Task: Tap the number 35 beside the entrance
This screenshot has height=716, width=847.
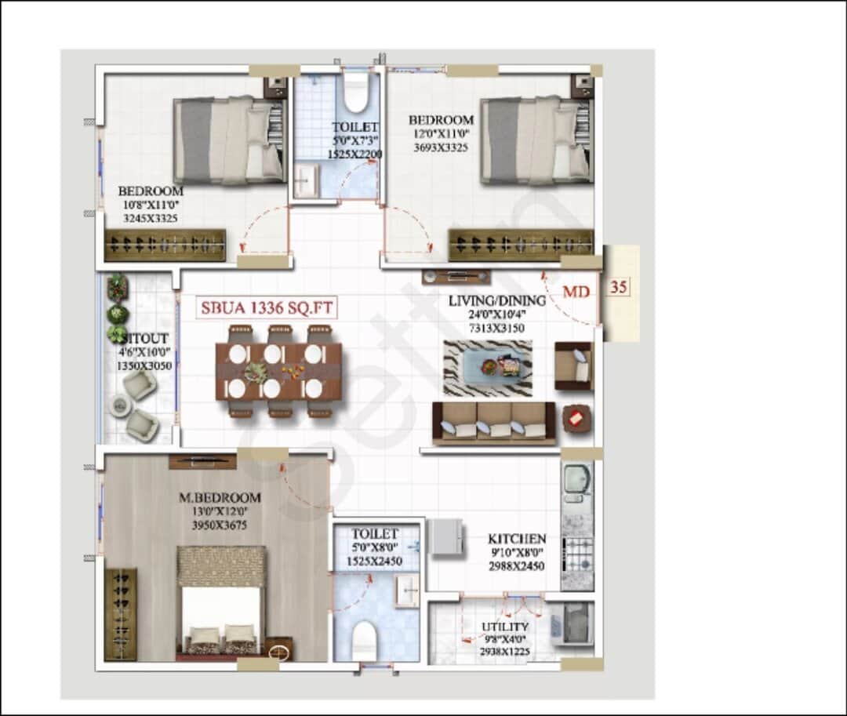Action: click(618, 287)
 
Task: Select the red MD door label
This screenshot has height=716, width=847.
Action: click(576, 292)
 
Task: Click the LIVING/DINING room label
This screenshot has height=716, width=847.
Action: click(496, 300)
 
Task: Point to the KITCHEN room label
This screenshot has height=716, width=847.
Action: click(517, 540)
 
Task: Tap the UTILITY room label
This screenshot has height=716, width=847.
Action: click(505, 627)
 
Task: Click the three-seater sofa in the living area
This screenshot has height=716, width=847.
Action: click(494, 423)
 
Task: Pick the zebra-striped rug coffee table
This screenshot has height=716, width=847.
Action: click(488, 368)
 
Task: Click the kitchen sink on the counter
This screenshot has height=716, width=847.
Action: click(576, 480)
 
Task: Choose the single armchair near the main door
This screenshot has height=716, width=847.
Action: click(574, 365)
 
